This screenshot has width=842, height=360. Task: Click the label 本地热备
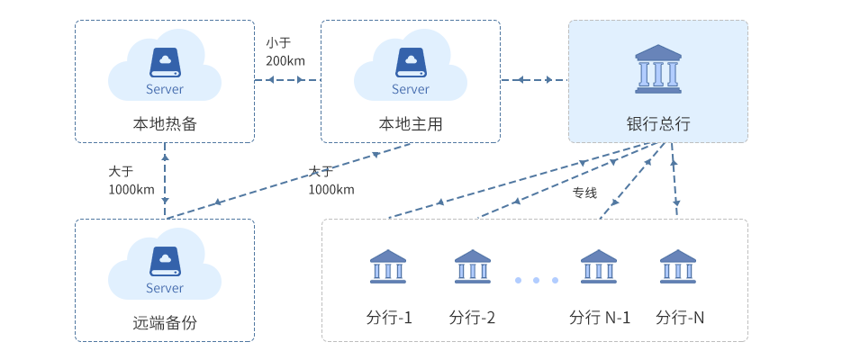(164, 123)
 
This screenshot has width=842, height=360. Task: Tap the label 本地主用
(410, 123)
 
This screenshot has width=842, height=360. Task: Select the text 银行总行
(658, 123)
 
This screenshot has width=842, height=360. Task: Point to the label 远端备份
(164, 321)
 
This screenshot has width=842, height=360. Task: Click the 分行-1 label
(389, 318)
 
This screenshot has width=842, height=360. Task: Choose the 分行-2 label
(472, 318)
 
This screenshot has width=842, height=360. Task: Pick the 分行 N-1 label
(600, 318)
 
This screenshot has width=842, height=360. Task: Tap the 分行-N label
(680, 318)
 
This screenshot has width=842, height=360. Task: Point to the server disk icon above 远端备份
(165, 260)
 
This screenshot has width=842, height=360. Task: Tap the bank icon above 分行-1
(388, 266)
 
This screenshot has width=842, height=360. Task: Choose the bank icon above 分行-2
(473, 266)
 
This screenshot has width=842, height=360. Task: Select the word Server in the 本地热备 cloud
(165, 89)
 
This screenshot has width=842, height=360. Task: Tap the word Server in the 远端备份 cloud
(165, 288)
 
